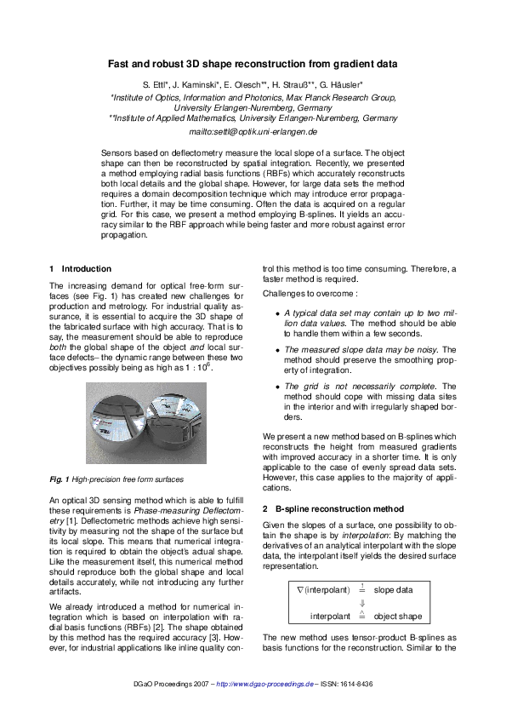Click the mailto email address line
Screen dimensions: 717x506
coord(253,133)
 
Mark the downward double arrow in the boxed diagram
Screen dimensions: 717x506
coord(362,602)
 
